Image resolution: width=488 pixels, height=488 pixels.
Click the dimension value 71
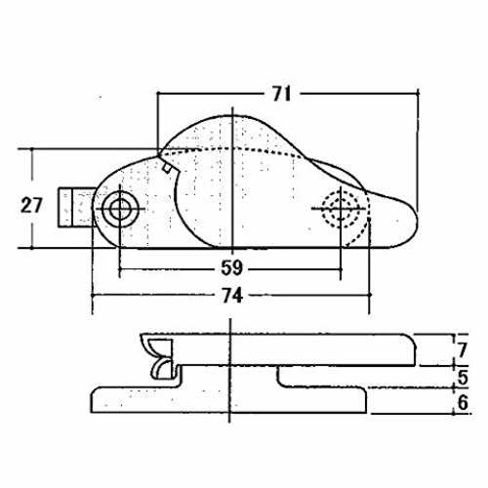point(281,95)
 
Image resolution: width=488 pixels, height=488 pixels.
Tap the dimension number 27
point(31,205)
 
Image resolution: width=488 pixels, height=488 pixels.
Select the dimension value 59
point(232,268)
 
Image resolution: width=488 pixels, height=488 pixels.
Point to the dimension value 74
point(232,296)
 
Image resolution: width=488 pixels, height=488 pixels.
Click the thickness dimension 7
point(463,350)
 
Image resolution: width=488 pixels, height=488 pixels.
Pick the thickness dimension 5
point(463,378)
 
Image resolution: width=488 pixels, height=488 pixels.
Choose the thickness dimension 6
point(463,402)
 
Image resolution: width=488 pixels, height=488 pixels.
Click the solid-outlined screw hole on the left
point(120,209)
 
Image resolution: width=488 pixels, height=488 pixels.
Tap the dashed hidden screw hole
point(341,209)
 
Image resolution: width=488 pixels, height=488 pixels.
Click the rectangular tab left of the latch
point(76,207)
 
